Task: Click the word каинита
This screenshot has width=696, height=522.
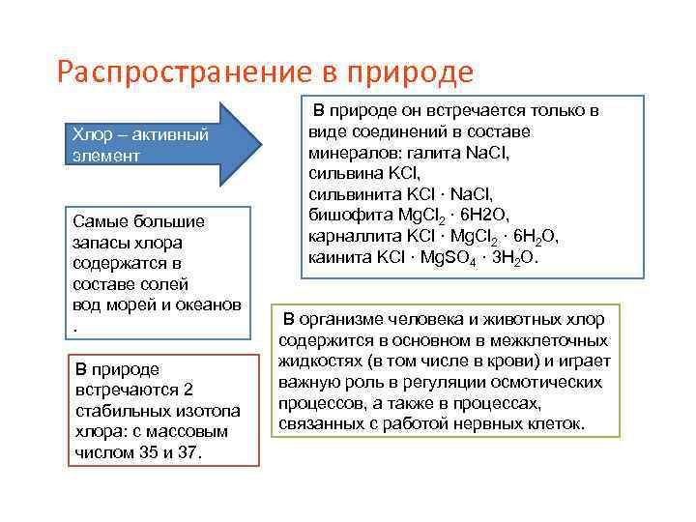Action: (337, 258)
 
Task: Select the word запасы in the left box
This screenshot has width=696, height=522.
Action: (99, 242)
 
